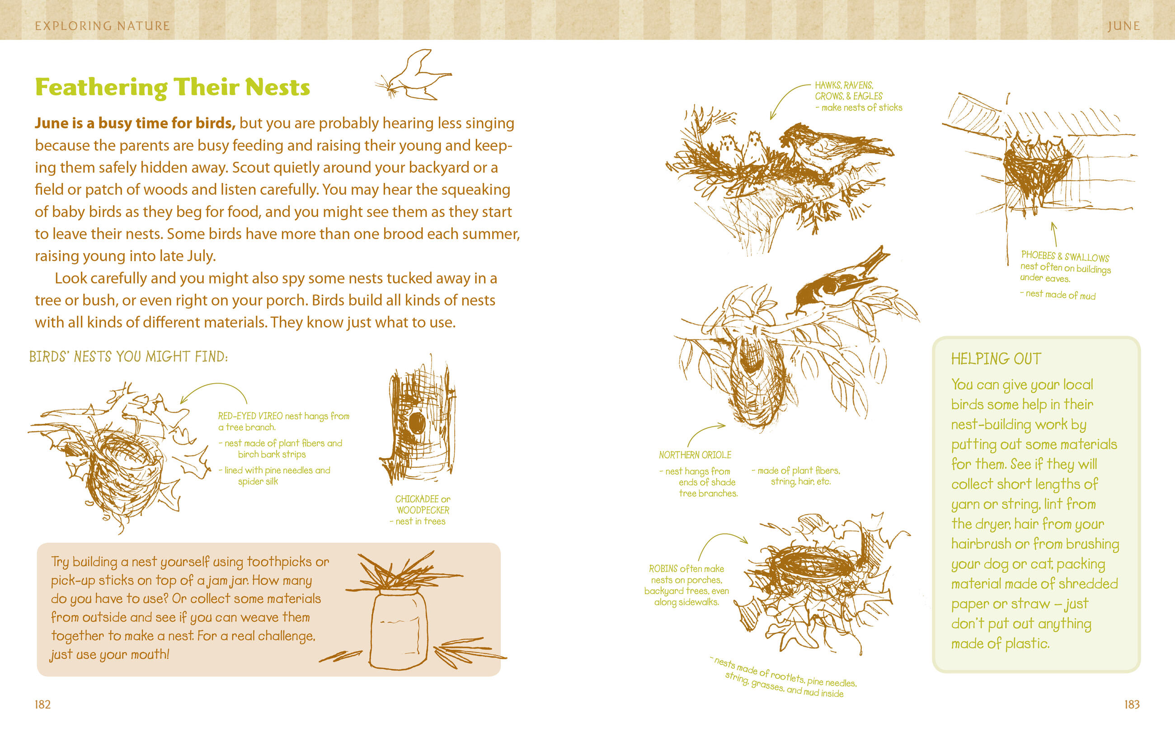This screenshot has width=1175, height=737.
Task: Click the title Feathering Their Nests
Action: coord(173,87)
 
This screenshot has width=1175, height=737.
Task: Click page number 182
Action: coord(42,704)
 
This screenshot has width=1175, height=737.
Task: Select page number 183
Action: coord(1132,704)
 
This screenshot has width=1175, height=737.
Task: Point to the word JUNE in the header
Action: coord(1123,26)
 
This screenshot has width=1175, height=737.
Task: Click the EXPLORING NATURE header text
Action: coord(102,26)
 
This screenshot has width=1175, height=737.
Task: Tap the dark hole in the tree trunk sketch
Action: coord(417,422)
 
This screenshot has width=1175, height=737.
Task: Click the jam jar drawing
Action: coord(398,629)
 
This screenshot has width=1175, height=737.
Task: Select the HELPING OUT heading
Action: coord(996,359)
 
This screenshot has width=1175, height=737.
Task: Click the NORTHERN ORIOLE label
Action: coord(695,455)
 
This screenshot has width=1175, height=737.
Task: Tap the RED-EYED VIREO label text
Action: coord(250,416)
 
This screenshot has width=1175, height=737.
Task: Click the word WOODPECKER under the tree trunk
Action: coord(423,510)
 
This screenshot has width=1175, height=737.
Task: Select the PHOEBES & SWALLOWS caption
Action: coord(1065,256)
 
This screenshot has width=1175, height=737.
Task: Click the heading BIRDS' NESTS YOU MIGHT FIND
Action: coord(128,357)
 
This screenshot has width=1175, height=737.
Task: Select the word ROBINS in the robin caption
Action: coord(663,569)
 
